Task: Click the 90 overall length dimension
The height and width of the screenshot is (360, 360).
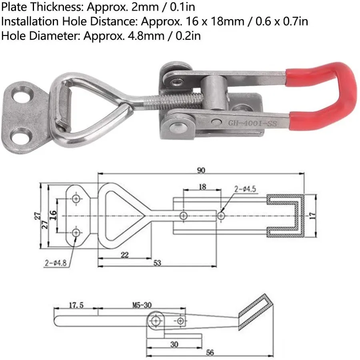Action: click(201, 170)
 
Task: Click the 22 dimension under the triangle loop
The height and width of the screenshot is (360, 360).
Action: click(124, 255)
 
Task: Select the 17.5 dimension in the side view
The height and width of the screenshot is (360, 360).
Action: click(76, 305)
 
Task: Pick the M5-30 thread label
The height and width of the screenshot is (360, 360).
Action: click(142, 305)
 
